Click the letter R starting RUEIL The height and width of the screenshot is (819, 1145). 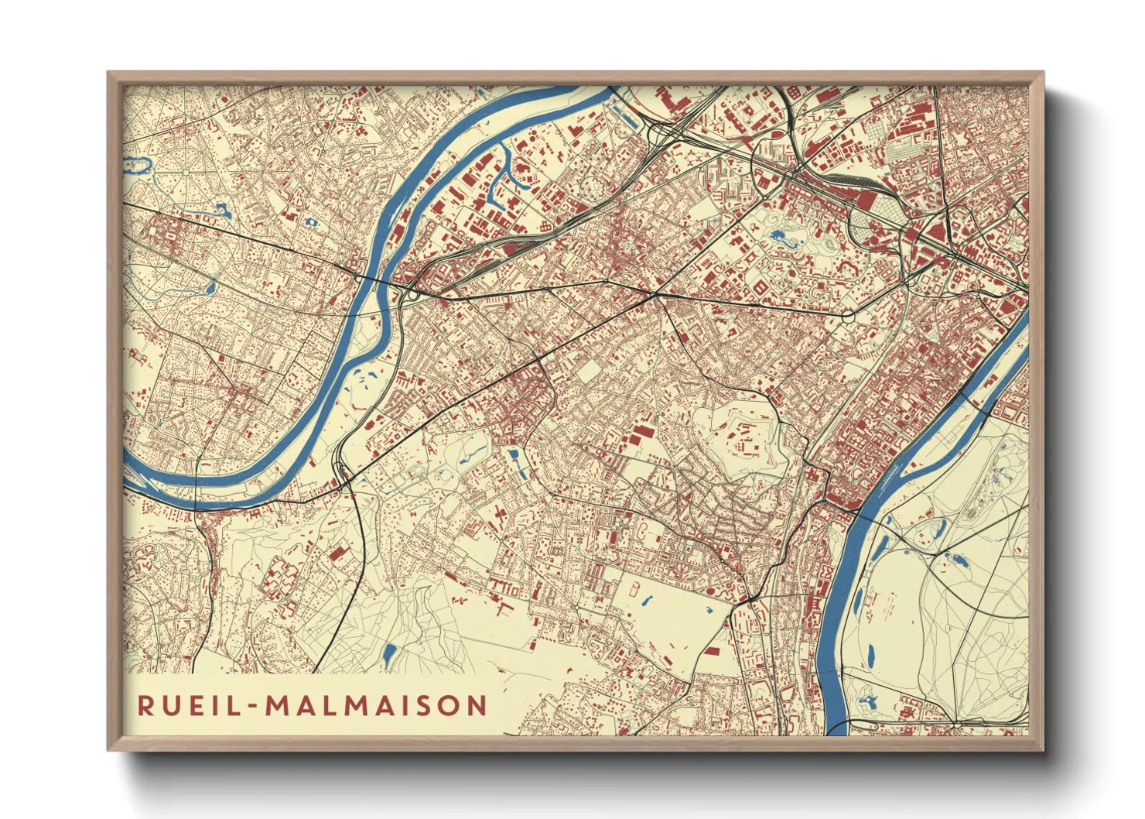click(x=145, y=705)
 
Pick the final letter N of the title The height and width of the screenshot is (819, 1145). click(x=477, y=705)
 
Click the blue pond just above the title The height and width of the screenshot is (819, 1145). click(x=389, y=655)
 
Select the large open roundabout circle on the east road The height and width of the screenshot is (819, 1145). click(x=848, y=316)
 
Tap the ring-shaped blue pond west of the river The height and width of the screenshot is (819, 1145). click(x=311, y=222)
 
